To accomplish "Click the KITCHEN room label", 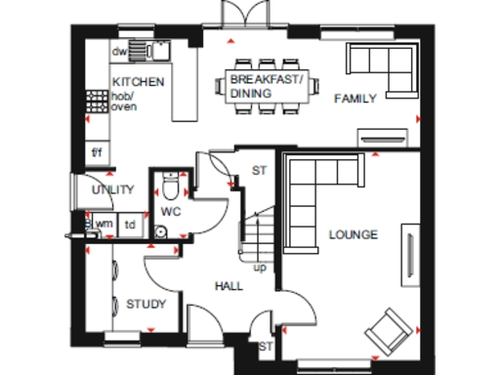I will tap(138, 81).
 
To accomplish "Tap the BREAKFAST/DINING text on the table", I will tap(267, 85).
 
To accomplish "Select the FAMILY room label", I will tap(356, 99).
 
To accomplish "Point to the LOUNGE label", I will tap(354, 234).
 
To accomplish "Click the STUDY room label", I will tap(146, 305).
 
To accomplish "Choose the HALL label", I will tap(229, 286).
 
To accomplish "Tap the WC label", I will tap(171, 211).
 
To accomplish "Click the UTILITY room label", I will tap(111, 190).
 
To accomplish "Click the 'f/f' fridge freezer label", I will tap(97, 153).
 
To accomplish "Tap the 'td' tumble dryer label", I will tap(129, 224).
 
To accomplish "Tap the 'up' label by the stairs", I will tap(260, 267).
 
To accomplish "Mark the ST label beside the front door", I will tap(265, 346).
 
